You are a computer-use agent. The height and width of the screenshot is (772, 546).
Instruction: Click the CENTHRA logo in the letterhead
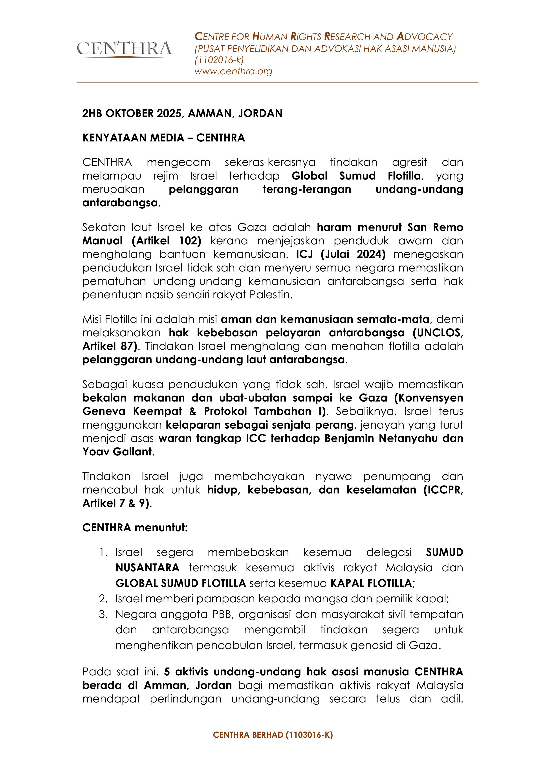(x=124, y=49)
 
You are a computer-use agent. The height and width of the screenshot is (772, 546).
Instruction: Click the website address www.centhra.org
(x=233, y=71)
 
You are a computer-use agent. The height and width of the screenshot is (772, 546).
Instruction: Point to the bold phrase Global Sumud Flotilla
(x=356, y=176)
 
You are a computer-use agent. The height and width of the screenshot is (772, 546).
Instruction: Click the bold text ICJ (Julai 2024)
(x=341, y=254)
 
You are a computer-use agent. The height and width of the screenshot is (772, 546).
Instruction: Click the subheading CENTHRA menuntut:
(x=135, y=528)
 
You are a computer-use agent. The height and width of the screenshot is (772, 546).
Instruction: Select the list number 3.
(x=103, y=614)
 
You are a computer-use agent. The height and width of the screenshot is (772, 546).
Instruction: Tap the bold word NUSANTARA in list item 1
(x=147, y=568)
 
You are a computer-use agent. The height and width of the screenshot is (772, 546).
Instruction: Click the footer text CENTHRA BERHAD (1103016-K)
(x=273, y=735)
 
